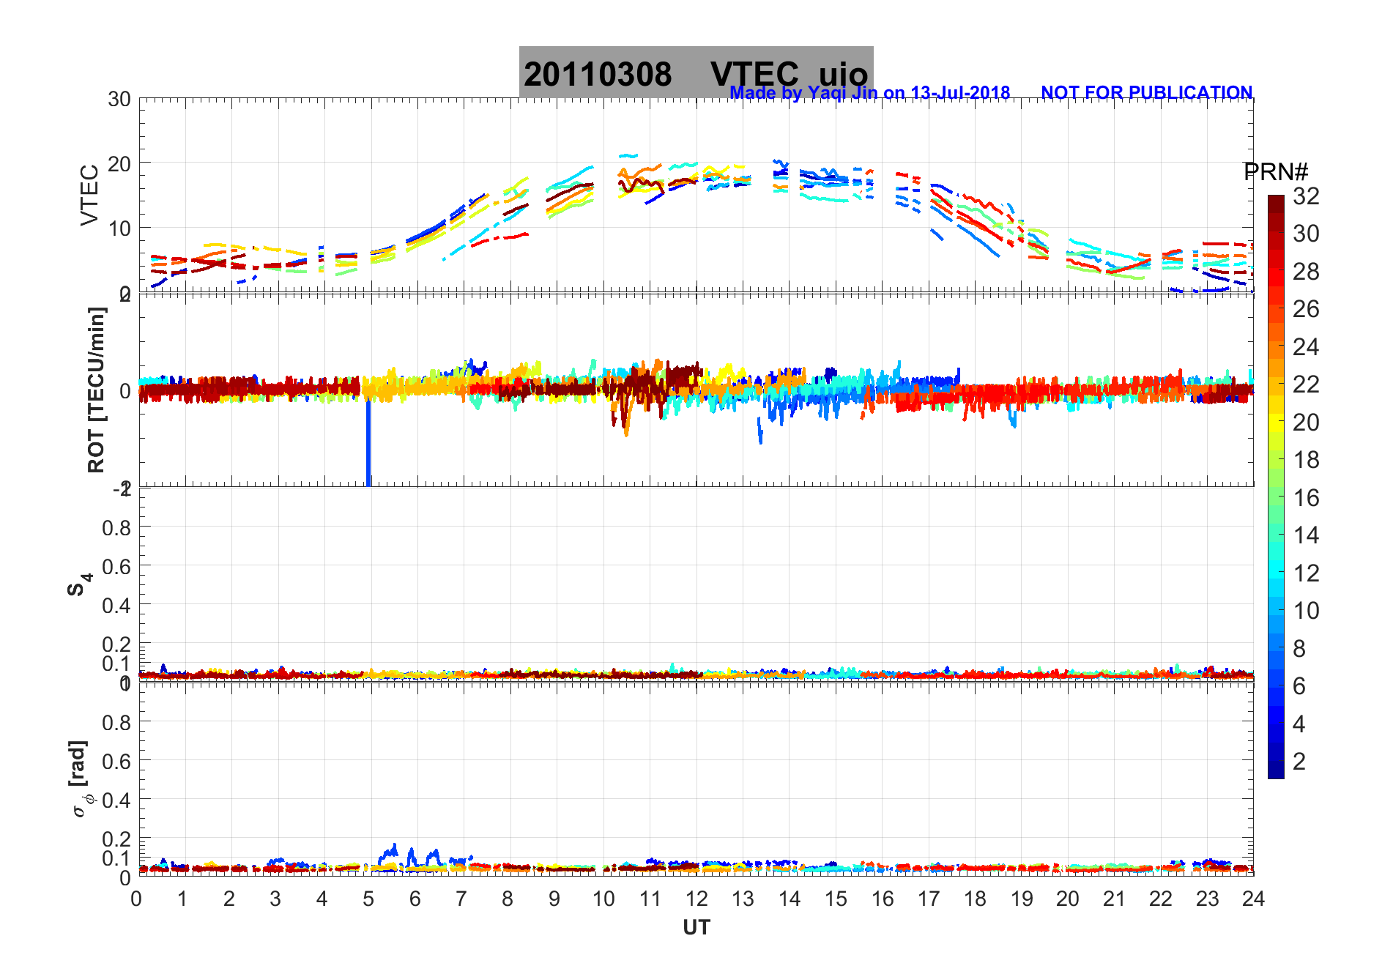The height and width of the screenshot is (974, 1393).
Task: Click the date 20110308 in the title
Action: point(597,75)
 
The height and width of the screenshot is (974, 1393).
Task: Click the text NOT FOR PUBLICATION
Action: point(1146,93)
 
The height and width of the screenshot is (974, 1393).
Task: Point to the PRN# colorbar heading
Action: point(1275,172)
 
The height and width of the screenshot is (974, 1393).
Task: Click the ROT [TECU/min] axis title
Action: point(96,390)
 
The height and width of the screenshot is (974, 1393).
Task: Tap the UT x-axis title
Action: point(696,928)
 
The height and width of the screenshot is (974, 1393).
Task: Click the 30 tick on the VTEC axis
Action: point(119,100)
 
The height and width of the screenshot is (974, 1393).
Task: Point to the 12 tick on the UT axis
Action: point(696,899)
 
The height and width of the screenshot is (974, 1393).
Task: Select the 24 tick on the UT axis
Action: point(1252,899)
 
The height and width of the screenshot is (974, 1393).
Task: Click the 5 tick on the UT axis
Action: point(368,899)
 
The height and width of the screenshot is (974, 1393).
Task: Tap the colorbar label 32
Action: point(1306,196)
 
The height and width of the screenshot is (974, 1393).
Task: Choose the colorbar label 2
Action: point(1299,762)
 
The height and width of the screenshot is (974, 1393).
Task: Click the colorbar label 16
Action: point(1306,498)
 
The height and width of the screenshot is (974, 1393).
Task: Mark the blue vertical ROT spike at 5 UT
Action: point(368,447)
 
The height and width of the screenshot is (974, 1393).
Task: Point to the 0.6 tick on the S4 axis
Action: point(117,566)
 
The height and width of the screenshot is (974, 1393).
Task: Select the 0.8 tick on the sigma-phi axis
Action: point(117,723)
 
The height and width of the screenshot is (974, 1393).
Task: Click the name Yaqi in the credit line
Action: point(826,93)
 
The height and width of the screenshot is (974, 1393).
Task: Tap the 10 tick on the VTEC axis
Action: point(119,228)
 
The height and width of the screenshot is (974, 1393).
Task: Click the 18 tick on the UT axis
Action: point(974,899)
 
